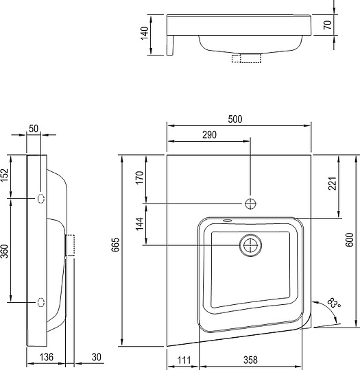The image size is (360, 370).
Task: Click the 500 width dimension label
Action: [x=235, y=119]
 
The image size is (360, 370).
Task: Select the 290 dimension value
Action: [x=210, y=135]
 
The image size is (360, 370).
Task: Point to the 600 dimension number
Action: [x=350, y=239]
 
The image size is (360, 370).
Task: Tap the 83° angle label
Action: [x=335, y=302]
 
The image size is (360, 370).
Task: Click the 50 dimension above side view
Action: [x=34, y=128]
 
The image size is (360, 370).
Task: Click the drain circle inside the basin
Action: [x=251, y=245]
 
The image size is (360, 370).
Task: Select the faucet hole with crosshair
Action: [x=251, y=203]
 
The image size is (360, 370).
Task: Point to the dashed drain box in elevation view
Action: [x=245, y=59]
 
